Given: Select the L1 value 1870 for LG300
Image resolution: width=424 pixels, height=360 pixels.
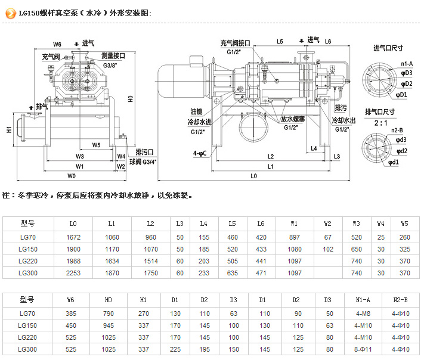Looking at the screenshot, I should point(112,273).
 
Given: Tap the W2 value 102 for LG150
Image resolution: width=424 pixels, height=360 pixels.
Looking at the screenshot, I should point(327,249).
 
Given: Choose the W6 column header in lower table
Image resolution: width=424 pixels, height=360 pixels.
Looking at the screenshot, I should point(71,299).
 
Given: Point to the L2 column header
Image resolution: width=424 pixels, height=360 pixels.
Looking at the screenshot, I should point(151,224).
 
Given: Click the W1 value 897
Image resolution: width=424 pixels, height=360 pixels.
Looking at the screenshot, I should point(294,237).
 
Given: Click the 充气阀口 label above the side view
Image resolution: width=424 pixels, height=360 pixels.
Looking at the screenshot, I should point(235,43).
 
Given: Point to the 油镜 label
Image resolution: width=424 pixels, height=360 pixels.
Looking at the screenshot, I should point(196,111).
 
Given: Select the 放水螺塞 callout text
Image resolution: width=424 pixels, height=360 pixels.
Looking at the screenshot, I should point(290,119).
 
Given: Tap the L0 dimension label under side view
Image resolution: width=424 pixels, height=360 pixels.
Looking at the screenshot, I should point(253,176).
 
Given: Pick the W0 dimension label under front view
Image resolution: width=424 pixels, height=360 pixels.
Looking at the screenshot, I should point(72,176).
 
